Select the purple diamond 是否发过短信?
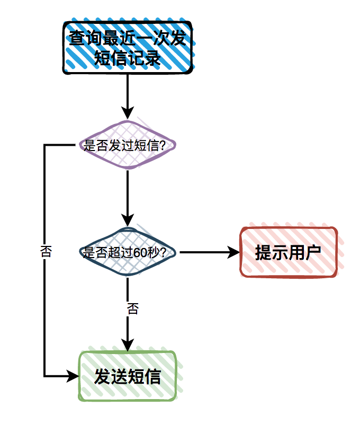[127, 145]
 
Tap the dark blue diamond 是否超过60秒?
[127, 252]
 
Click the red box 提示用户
[288, 252]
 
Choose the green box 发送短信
[127, 376]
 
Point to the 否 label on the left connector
[46, 251]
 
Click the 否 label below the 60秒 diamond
[132, 308]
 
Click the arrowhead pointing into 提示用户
[234, 252]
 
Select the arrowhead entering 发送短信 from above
[127, 344]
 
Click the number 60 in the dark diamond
[140, 253]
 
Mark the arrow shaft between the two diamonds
[127, 191]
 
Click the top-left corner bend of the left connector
[44, 145]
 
